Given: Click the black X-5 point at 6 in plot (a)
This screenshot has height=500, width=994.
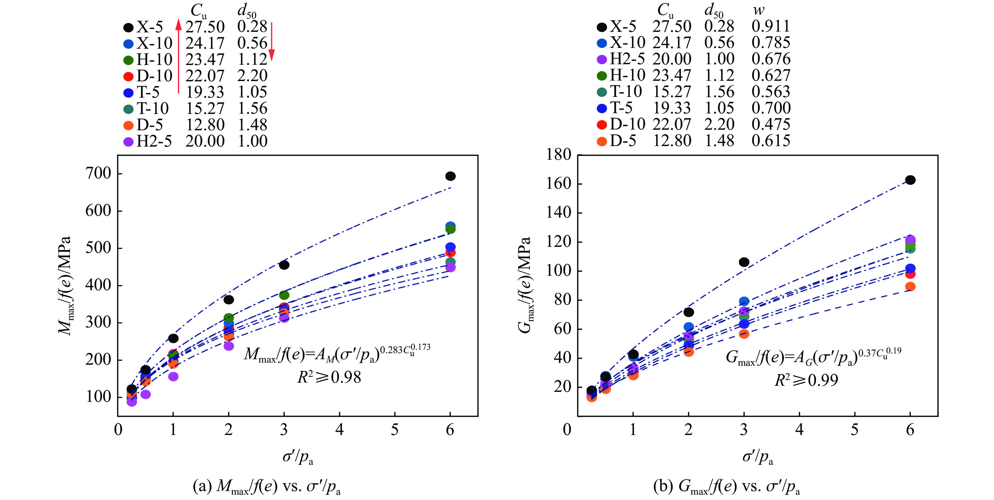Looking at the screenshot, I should pyautogui.click(x=450, y=176).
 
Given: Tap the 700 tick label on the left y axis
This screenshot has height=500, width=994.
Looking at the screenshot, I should pyautogui.click(x=98, y=174).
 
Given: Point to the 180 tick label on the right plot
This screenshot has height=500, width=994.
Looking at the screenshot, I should pyautogui.click(x=558, y=154).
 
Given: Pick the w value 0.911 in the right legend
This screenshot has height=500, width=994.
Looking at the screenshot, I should pyautogui.click(x=770, y=26).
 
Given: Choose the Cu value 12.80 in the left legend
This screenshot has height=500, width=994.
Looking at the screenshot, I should pyautogui.click(x=205, y=125).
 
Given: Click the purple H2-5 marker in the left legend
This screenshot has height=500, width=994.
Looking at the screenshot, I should pyautogui.click(x=129, y=142).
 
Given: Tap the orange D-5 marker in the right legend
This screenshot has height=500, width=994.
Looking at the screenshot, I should pyautogui.click(x=602, y=141).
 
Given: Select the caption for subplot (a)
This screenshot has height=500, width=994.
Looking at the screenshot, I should pyautogui.click(x=267, y=487).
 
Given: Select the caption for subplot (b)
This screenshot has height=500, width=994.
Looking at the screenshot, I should pyautogui.click(x=726, y=487).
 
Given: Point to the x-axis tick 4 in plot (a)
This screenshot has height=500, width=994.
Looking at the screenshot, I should pyautogui.click(x=339, y=430).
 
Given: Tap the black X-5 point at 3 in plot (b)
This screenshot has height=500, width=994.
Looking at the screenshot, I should pyautogui.click(x=744, y=262).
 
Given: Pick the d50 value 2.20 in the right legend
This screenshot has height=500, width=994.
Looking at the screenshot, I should pyautogui.click(x=719, y=124).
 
